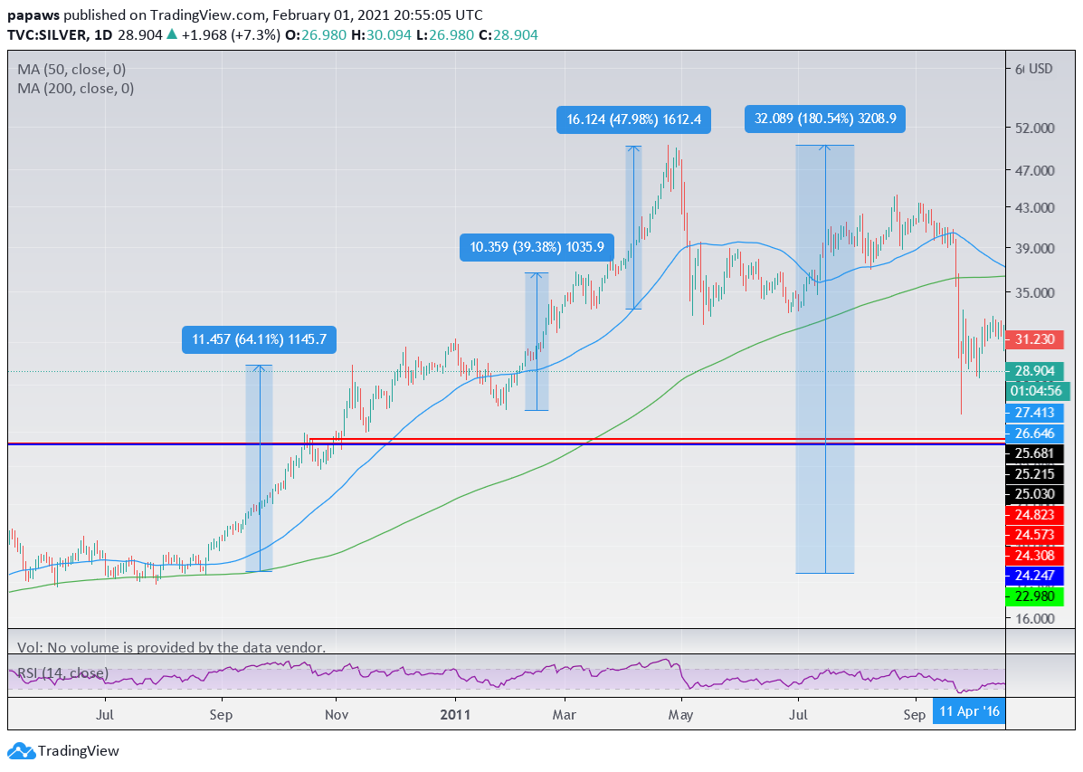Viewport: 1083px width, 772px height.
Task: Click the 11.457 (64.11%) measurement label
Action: tap(260, 340)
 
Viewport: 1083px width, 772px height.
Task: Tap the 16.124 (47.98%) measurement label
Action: tap(634, 119)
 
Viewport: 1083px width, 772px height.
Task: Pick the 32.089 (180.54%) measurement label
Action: tap(825, 119)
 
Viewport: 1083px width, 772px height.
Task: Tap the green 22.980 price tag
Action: tap(1033, 595)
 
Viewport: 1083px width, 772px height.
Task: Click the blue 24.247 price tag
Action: tap(1033, 575)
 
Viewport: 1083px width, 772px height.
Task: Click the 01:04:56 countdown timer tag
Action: tap(1038, 391)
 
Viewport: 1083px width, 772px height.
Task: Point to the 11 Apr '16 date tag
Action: tap(969, 712)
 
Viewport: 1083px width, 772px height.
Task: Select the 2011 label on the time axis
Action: tap(455, 715)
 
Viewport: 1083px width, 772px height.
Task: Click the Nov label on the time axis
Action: tap(337, 715)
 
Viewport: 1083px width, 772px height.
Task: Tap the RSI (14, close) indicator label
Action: tap(63, 673)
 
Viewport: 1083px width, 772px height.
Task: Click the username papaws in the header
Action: tap(33, 15)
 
